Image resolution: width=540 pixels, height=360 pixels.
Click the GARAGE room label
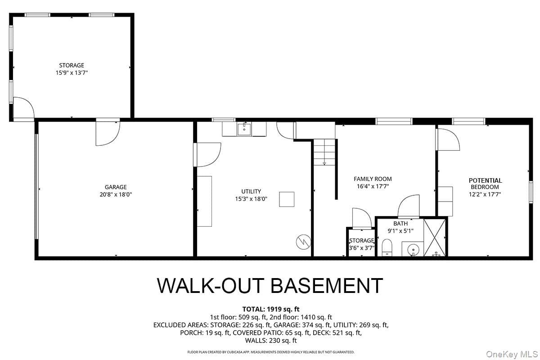tap(116, 187)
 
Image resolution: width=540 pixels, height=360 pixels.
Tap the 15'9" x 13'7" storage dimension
tap(72, 72)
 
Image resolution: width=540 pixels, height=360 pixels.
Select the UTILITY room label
tap(251, 191)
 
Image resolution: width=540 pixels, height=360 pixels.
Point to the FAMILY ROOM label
tap(373, 179)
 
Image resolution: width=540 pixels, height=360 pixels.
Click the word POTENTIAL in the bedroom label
tap(485, 180)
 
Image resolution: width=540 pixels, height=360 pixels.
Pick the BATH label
tap(400, 224)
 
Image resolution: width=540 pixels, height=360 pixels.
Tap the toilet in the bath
tap(387, 247)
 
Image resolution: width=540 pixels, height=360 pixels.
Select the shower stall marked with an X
tap(434, 238)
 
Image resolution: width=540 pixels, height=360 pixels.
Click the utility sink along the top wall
tap(244, 129)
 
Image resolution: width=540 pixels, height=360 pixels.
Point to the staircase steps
tap(324, 152)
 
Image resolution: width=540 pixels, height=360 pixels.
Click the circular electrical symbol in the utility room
tap(303, 242)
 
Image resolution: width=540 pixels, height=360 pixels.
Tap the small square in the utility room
tap(287, 199)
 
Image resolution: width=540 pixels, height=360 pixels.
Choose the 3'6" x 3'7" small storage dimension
tap(362, 248)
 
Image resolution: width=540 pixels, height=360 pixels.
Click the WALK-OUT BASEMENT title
tap(270, 285)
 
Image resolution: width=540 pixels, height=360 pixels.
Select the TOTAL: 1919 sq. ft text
tap(271, 309)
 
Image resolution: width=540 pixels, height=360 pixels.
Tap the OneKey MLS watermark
tap(512, 354)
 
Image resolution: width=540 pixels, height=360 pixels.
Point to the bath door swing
tap(409, 206)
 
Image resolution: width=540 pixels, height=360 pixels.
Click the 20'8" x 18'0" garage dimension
tap(116, 194)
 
